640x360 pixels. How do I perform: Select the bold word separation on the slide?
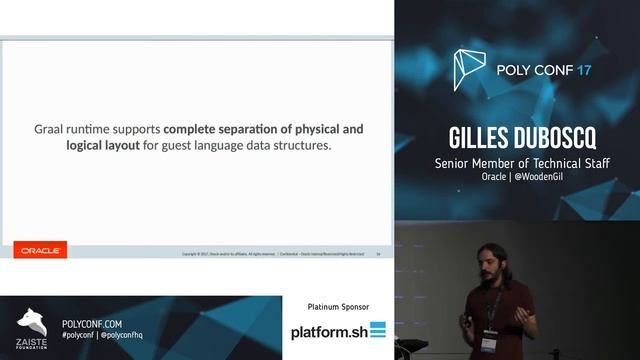click(x=250, y=129)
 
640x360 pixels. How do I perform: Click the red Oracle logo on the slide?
click(x=41, y=251)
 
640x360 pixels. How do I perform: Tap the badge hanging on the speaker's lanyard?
click(x=489, y=342)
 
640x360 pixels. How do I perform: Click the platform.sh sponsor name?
click(x=328, y=331)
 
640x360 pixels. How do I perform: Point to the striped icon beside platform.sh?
click(x=377, y=330)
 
